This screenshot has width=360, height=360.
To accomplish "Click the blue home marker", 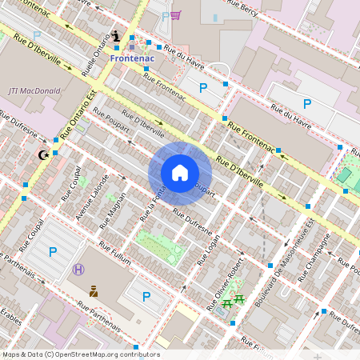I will tap(180, 173).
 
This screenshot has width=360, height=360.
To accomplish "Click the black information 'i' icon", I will tap(118, 36).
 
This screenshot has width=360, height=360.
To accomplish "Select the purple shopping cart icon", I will tap(176, 15).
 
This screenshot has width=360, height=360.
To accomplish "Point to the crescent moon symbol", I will tap(43, 154).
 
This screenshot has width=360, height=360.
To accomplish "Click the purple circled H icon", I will tap(78, 270).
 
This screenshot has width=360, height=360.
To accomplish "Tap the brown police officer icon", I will tap(94, 291).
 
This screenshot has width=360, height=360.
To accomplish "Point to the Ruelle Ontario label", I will tap(96, 54).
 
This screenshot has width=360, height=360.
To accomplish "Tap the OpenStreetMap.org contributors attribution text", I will tap(80, 354).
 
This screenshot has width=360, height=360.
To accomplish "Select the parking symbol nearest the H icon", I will tap(53, 252).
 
